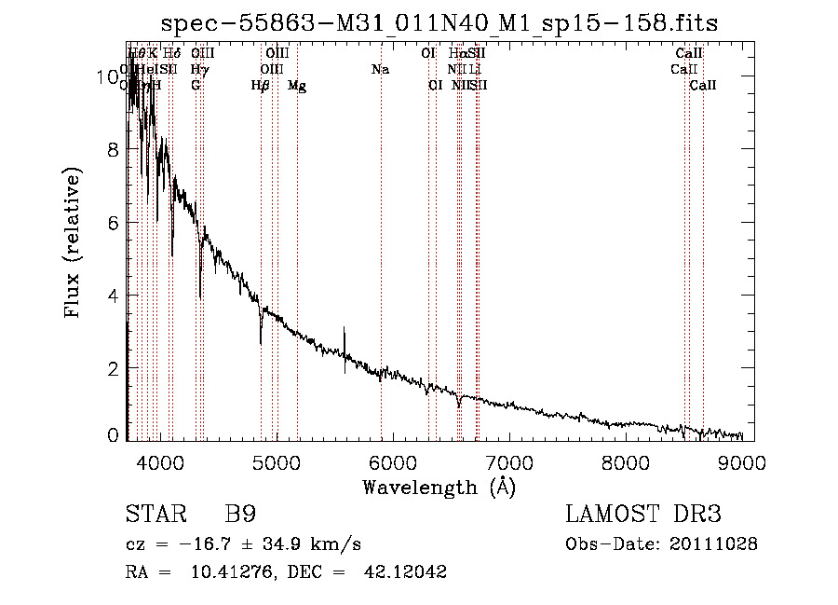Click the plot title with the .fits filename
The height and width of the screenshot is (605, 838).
point(439,23)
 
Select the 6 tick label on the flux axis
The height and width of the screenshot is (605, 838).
point(112,223)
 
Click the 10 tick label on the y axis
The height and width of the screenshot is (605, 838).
point(106,77)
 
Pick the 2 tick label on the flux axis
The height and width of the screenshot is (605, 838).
point(112,368)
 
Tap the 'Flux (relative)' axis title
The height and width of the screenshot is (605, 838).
point(73,242)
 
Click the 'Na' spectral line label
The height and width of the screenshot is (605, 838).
point(380,70)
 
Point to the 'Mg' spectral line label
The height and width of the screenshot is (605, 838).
point(297,86)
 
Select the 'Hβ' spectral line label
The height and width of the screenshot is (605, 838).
point(261,86)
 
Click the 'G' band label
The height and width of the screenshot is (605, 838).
point(196,86)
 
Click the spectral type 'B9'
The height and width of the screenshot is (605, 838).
point(240,515)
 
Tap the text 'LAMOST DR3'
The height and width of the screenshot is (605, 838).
point(642,515)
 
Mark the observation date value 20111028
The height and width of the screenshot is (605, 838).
point(712,544)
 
